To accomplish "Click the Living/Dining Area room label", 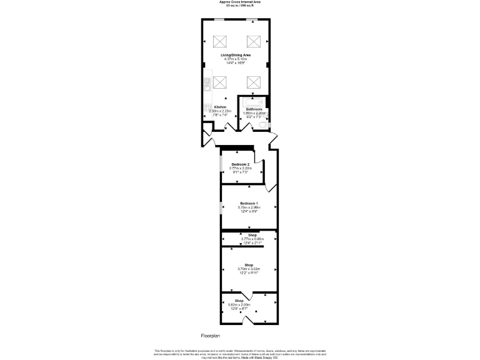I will (x=236, y=56).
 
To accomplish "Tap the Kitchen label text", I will (x=220, y=107).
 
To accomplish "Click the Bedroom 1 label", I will (x=249, y=203).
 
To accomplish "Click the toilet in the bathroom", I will (x=264, y=126).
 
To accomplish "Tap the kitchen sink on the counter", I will (x=207, y=109).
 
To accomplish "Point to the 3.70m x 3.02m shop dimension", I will (x=248, y=269).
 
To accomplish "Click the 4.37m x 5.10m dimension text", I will (x=236, y=59).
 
